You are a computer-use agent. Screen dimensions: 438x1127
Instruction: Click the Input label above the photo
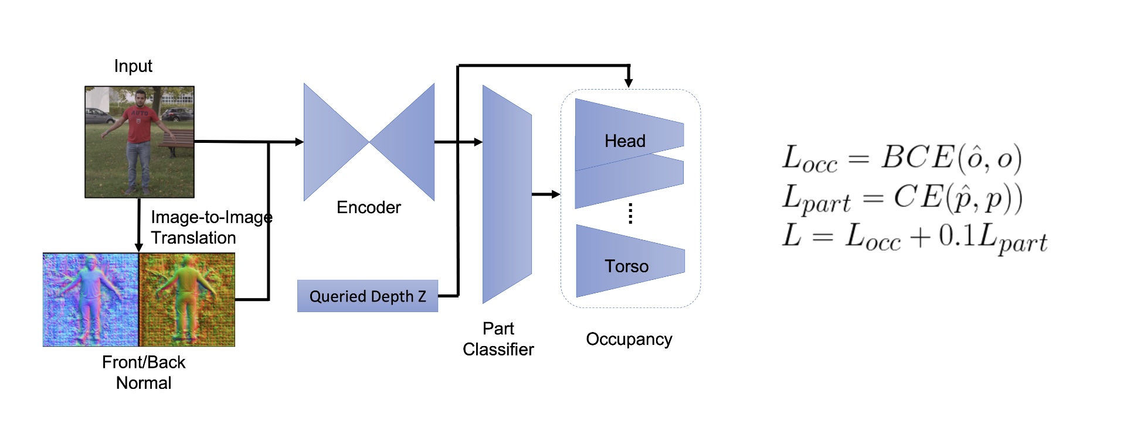133,66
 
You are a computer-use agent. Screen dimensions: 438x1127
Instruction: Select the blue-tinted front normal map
90,299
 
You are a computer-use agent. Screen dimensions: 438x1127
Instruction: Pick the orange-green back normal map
187,299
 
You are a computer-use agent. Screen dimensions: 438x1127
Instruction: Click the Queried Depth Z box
368,296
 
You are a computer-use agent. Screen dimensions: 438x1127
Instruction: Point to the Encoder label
368,207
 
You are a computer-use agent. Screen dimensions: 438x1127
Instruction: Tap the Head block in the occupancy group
626,141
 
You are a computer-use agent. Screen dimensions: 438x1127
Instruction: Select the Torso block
627,266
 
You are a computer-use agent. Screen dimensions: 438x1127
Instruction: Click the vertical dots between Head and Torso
630,214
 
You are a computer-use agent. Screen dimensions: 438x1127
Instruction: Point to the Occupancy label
629,339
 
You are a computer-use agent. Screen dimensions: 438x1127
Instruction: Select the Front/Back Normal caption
144,372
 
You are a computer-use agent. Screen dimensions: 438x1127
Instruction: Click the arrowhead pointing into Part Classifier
478,142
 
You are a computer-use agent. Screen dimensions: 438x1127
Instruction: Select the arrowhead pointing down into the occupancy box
629,83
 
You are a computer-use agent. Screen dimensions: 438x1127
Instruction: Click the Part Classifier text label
498,339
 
